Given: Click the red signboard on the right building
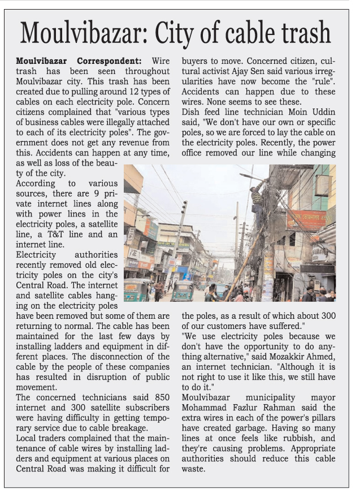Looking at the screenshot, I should tap(306, 219).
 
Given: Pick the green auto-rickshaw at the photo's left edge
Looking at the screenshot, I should tap(135, 289).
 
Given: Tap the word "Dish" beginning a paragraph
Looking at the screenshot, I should tap(190, 103).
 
